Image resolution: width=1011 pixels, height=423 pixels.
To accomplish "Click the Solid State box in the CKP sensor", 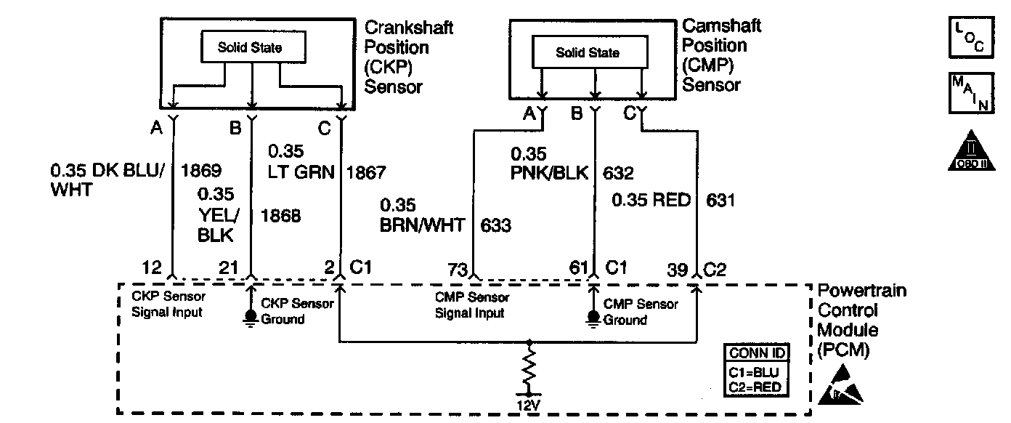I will (x=250, y=49).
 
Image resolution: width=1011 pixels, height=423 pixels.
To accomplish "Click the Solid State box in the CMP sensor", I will (x=588, y=52).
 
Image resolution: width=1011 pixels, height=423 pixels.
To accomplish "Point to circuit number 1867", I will (x=366, y=173).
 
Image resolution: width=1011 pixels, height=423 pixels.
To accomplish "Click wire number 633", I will (x=495, y=225).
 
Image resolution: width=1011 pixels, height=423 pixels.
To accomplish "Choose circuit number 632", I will (x=618, y=174).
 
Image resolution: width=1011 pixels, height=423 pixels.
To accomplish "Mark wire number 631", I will (x=719, y=200).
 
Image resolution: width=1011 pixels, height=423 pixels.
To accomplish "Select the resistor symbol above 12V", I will (x=532, y=370).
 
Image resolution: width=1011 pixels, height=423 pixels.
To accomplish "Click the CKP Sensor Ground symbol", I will (x=251, y=317).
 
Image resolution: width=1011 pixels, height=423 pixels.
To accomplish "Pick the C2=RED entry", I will (x=756, y=387).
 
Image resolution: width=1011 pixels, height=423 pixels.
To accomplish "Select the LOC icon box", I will (x=970, y=38).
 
